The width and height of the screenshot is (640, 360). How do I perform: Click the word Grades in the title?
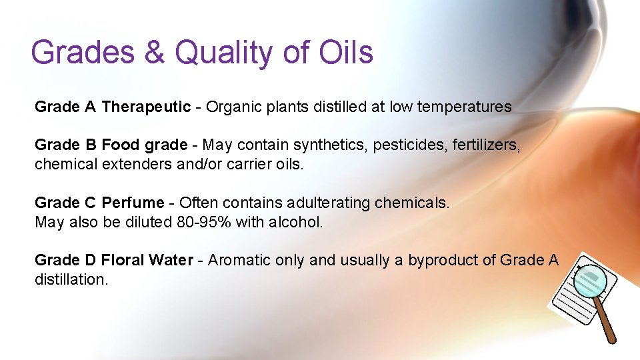[x=81, y=52]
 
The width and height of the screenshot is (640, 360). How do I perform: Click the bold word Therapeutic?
[x=146, y=107]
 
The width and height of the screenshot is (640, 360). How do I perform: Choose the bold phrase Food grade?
[x=145, y=145]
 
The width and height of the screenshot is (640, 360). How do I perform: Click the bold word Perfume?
[x=133, y=202]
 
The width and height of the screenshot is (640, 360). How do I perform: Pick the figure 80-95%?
[x=205, y=221]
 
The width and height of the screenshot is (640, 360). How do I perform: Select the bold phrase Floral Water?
[x=147, y=260]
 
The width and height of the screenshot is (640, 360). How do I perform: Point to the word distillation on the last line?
[x=71, y=279]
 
